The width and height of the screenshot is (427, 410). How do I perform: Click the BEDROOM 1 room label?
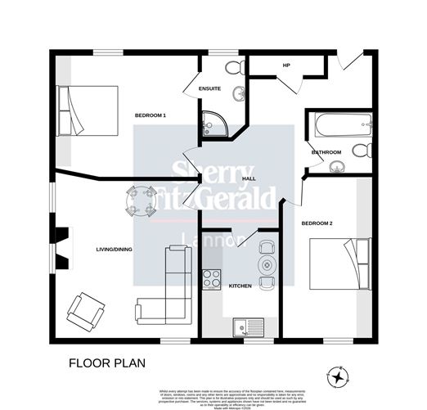[151, 115]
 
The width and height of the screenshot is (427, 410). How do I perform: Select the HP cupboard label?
[286, 65]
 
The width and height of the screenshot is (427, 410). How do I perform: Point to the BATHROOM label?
[326, 152]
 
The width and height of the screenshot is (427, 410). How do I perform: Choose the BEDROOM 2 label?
[315, 223]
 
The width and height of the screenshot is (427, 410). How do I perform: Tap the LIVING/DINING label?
[114, 250]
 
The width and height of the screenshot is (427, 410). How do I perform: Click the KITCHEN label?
[240, 286]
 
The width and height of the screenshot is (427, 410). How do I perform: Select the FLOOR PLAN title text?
[103, 363]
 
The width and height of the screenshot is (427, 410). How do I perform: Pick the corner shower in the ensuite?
[213, 124]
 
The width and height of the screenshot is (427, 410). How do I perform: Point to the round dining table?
[140, 200]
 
